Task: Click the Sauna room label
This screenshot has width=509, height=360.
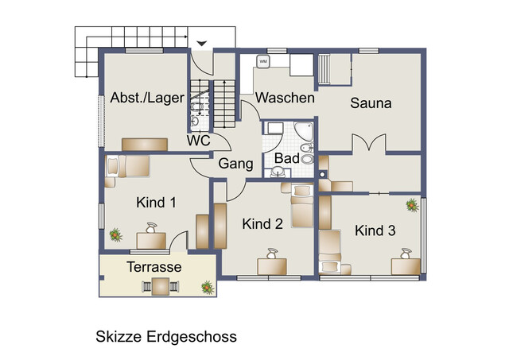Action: [371, 103]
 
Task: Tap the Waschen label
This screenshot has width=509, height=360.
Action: [285, 98]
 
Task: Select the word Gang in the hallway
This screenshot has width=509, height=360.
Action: [235, 164]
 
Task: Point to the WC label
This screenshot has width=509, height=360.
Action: [198, 141]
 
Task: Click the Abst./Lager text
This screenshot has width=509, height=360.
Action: [147, 98]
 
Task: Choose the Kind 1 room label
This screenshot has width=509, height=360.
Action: [156, 203]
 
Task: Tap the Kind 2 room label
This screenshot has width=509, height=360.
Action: [262, 224]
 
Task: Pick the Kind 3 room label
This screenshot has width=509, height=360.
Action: [375, 230]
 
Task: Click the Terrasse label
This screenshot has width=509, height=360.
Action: [154, 267]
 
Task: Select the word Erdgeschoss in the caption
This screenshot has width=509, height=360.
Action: [192, 337]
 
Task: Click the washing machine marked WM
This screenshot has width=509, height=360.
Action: [263, 61]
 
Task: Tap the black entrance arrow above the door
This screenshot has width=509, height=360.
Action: [202, 43]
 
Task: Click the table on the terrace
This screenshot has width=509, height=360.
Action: [161, 286]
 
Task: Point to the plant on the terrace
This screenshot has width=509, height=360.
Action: [208, 288]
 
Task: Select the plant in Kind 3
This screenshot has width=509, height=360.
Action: [412, 205]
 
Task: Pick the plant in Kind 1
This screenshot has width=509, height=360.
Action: [115, 234]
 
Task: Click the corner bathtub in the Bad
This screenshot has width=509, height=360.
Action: [303, 131]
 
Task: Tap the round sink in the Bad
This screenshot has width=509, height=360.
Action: [278, 171]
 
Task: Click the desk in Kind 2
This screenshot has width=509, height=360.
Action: [272, 266]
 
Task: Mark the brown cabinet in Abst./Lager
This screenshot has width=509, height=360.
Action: [145, 145]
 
